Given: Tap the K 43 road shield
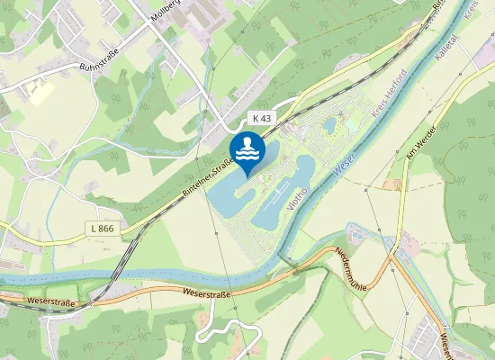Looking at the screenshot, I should pos(261,118).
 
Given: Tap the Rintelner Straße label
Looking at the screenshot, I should pos(208,177).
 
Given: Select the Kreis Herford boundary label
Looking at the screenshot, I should pos(389,94).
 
